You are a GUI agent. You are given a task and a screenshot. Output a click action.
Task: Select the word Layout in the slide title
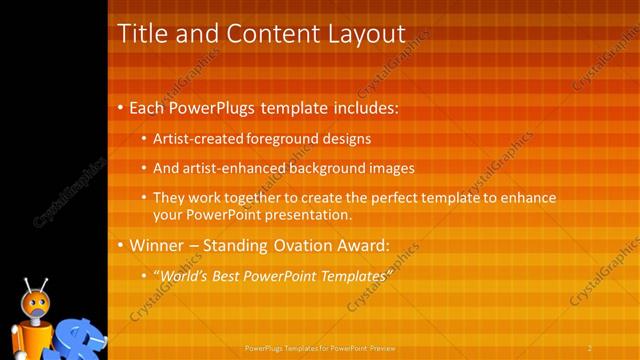click(x=356, y=34)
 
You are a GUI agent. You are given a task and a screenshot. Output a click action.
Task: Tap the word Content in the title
click(x=267, y=34)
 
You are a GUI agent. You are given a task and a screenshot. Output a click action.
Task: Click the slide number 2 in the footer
click(x=590, y=348)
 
